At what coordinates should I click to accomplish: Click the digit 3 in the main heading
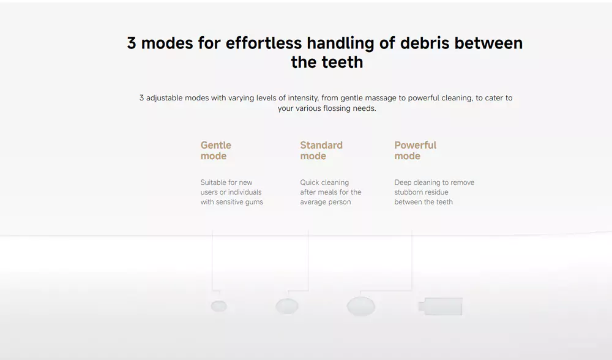click(x=132, y=43)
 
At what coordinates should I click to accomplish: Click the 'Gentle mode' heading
click(x=216, y=151)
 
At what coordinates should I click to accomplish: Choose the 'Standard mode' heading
click(x=321, y=151)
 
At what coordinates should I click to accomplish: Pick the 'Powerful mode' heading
click(x=416, y=151)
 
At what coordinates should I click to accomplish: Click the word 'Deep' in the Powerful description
click(x=403, y=182)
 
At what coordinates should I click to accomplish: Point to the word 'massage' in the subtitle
click(x=381, y=98)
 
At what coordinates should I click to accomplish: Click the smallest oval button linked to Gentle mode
click(x=219, y=306)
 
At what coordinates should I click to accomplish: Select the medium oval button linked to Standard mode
click(x=287, y=307)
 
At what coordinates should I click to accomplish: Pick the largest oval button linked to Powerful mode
click(x=361, y=307)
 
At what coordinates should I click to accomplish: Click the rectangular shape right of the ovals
click(x=440, y=306)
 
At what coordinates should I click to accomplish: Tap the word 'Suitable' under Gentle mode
click(x=213, y=182)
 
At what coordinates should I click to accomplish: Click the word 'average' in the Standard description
click(x=313, y=202)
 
